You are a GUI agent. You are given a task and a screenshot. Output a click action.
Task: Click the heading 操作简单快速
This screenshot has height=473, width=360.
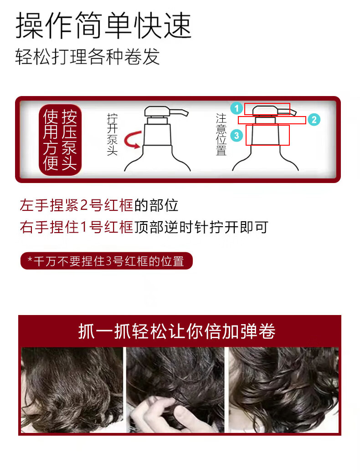103,25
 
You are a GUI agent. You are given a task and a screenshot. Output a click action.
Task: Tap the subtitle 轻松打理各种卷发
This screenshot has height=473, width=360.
87,56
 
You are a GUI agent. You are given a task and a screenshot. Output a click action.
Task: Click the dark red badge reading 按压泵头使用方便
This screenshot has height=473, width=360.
60,140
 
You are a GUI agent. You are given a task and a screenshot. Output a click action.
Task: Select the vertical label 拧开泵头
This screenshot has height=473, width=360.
112,135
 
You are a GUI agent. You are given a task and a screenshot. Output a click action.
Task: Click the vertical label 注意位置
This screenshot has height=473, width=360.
221,135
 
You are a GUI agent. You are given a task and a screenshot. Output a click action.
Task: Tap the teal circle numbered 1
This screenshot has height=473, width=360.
237,108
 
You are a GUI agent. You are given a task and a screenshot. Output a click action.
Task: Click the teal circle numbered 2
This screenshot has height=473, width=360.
314,120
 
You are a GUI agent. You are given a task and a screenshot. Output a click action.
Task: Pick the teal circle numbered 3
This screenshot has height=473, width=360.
237,136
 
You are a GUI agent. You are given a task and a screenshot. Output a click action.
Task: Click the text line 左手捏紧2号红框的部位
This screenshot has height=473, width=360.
99,205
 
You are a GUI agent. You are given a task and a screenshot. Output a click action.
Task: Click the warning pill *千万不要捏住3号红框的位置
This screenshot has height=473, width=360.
106,261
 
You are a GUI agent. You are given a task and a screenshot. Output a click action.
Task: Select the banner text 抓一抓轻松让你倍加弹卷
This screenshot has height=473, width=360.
177,331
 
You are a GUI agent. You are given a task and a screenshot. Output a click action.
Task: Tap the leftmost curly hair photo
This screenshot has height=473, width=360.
72,390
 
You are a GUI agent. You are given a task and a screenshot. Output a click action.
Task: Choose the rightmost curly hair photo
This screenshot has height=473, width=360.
283,390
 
